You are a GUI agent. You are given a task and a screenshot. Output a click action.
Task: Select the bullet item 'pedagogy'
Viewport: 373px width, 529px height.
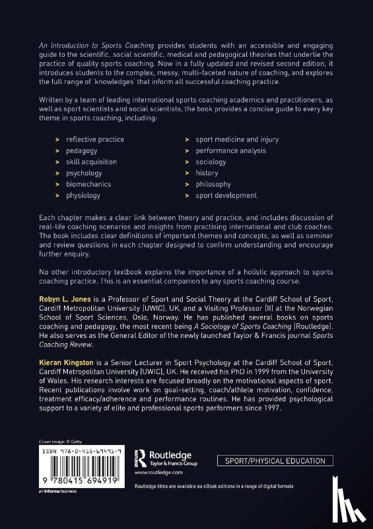pos(81,151)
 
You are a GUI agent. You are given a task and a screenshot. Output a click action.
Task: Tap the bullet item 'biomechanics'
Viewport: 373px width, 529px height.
pos(88,184)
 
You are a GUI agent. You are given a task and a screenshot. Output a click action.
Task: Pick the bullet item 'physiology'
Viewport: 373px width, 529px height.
pos(83,196)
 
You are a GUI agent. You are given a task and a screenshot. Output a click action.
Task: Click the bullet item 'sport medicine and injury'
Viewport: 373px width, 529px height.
pos(236,140)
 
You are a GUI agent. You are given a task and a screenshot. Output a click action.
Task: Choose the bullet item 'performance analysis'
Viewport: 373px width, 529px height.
pos(230,151)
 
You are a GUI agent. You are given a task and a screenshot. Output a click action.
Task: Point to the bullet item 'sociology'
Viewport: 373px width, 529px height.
pos(210,162)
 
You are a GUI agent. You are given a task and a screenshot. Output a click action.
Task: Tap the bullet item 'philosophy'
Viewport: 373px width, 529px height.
pos(213,184)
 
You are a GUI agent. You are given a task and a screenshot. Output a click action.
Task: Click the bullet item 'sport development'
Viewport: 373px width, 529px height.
pos(225,196)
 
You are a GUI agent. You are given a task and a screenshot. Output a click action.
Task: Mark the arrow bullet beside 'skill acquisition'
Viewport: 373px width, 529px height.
pos(58,162)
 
